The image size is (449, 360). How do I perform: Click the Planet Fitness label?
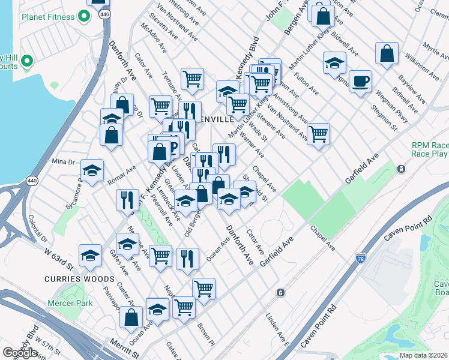pyautogui.click(x=48, y=17)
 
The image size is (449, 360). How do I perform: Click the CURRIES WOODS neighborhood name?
pyautogui.click(x=79, y=279)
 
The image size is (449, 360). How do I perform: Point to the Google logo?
pyautogui.click(x=20, y=353)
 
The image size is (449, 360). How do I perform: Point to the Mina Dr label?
pyautogui.click(x=62, y=161)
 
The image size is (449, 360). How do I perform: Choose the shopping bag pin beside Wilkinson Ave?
pyautogui.click(x=387, y=53)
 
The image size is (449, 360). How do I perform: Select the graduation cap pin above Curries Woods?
pyautogui.click(x=89, y=255)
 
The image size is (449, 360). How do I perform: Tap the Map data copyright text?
pyautogui.click(x=423, y=355)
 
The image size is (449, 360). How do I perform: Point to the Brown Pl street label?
pyautogui.click(x=205, y=334)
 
